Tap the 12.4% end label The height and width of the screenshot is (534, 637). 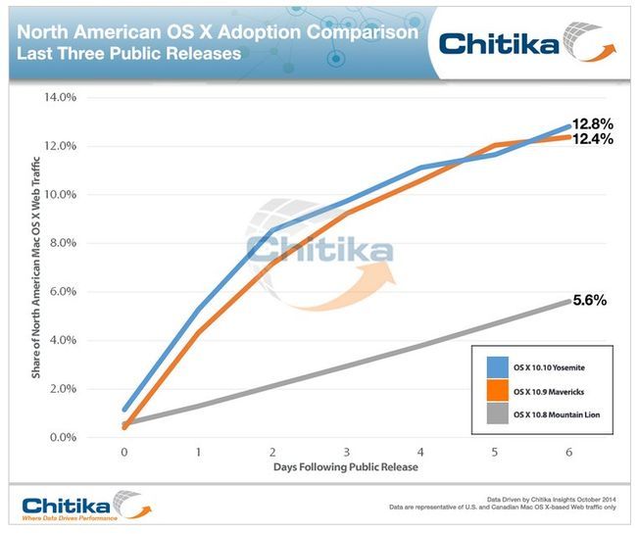(x=594, y=139)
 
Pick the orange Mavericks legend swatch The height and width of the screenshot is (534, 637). (x=496, y=392)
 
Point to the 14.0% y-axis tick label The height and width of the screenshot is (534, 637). (x=59, y=97)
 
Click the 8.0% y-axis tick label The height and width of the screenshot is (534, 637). (x=62, y=243)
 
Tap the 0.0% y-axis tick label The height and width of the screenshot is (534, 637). (x=62, y=438)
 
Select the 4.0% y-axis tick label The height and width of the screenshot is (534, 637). (x=62, y=340)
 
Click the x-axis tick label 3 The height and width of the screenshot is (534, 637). (x=346, y=453)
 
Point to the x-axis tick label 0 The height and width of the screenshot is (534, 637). (x=123, y=453)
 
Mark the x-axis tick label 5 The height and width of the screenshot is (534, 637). (x=495, y=453)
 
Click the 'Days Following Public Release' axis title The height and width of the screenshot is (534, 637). (x=346, y=467)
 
